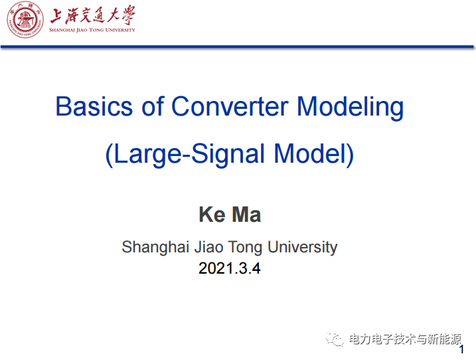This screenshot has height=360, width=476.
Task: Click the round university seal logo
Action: [25, 20]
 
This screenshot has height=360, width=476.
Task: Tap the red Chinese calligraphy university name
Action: [92, 15]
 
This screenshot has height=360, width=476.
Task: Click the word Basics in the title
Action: [94, 106]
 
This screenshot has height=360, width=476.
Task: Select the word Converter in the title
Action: [230, 106]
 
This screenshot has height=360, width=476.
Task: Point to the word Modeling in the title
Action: [351, 108]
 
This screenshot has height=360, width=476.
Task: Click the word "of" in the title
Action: [153, 106]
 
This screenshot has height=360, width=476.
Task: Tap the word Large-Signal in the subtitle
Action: [189, 155]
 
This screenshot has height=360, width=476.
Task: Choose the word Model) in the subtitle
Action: [314, 154]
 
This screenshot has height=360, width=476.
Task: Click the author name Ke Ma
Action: [230, 215]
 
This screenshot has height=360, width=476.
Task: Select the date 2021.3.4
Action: [230, 268]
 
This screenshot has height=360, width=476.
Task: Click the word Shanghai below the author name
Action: [155, 248]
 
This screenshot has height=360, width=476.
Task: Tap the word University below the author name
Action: [302, 248]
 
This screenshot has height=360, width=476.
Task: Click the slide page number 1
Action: [461, 349]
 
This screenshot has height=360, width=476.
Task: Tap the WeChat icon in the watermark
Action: [335, 339]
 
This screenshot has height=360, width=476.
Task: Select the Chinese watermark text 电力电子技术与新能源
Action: [405, 339]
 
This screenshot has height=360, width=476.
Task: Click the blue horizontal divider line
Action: [237, 46]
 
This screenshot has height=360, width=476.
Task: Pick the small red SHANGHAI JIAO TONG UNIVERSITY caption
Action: [92, 30]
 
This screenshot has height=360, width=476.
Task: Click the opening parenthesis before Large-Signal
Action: [109, 155]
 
